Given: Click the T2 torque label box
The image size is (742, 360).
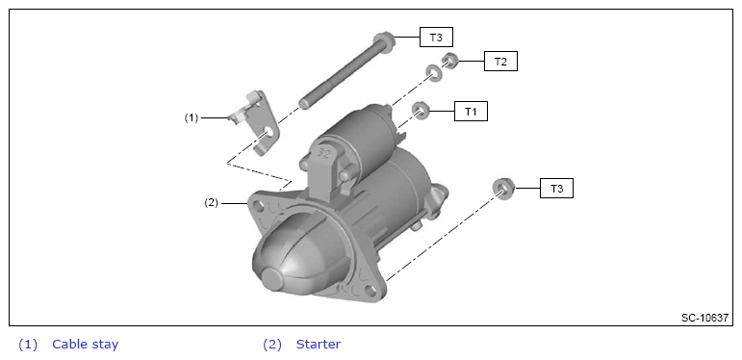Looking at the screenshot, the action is (500, 62).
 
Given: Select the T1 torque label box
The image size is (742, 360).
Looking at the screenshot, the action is (471, 111).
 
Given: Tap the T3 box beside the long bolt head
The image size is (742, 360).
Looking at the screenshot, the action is (436, 38).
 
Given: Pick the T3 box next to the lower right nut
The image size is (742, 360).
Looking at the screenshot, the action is (556, 189).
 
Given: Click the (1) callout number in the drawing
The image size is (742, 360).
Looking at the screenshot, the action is (192, 117).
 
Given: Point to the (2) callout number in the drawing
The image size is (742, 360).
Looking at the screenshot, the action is (211, 203).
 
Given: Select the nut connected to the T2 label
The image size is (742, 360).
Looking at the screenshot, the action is (448, 61).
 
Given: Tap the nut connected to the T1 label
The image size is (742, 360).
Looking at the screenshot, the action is (420, 111).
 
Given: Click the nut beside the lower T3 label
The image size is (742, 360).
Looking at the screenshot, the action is (503, 187).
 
